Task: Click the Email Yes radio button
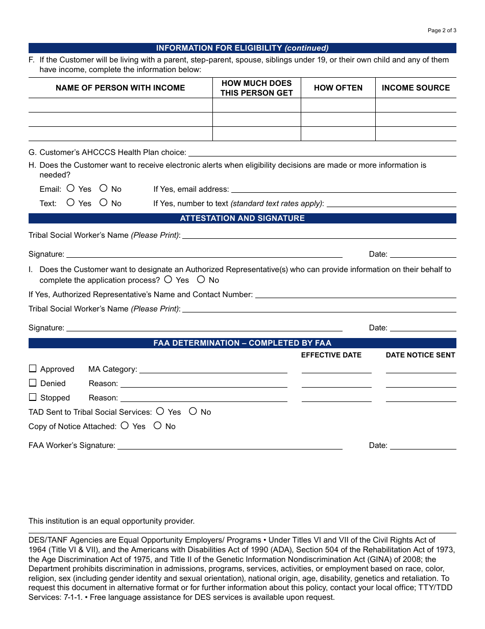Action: [70, 188]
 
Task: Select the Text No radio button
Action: [103, 203]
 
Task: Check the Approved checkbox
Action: [33, 368]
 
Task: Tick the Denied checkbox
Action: [33, 383]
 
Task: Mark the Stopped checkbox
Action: [33, 397]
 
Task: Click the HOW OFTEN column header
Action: [338, 88]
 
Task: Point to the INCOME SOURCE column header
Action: [416, 88]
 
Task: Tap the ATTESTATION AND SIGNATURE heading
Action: [242, 218]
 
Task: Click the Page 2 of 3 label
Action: [442, 30]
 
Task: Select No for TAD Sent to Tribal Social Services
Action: [193, 411]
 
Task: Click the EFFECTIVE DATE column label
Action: [331, 355]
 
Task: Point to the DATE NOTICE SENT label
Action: [420, 355]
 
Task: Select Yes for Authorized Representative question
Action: [168, 279]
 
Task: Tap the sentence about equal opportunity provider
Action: [112, 521]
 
